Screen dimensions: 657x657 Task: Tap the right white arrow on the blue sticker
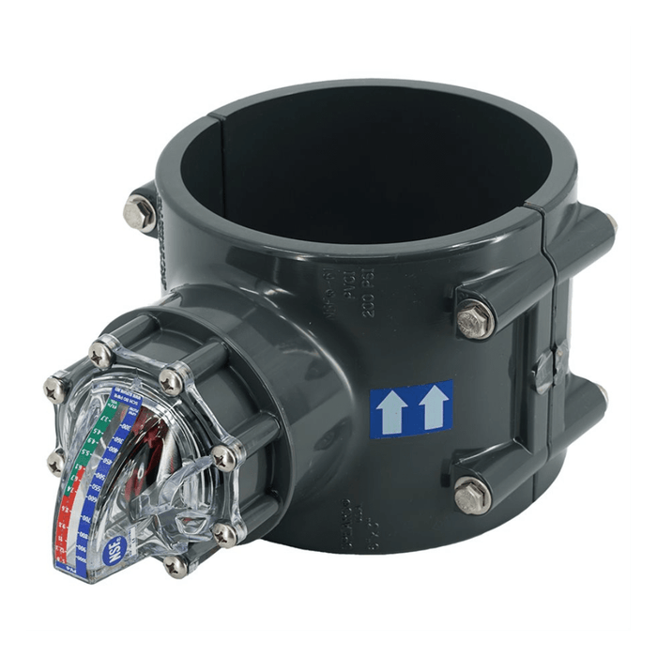click(432, 408)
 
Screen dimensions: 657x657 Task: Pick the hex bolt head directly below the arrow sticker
click(472, 495)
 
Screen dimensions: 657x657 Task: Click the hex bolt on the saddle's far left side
click(140, 209)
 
